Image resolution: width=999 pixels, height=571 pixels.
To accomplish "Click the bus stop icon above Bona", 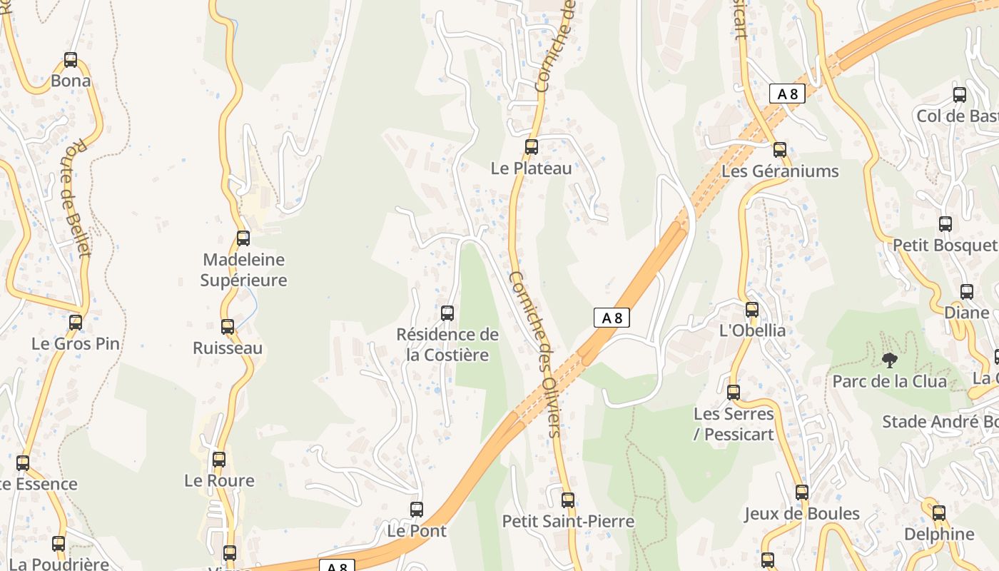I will click(71, 60).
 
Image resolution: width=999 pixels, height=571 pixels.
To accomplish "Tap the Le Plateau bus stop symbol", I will click(532, 147).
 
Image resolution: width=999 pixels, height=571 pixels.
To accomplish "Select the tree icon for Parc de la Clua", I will click(889, 360).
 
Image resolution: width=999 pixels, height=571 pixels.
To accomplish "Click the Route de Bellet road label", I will click(77, 197).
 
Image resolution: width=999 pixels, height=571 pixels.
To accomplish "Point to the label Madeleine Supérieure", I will click(243, 270).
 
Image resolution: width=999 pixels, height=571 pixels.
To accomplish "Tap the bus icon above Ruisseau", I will click(228, 327).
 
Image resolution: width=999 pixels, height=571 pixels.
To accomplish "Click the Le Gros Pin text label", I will click(76, 343).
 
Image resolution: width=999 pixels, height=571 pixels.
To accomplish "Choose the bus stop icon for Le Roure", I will click(219, 460).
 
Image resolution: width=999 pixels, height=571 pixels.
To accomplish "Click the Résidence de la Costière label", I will click(447, 345).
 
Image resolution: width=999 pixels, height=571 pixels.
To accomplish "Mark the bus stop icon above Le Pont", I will click(417, 510).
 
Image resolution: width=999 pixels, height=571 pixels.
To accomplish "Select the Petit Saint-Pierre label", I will click(568, 522).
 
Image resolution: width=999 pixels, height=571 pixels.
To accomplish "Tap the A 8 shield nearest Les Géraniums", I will click(787, 94).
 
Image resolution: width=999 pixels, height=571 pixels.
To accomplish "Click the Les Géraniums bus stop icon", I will click(780, 150).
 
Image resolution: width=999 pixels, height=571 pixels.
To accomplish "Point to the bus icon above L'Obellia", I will click(752, 310).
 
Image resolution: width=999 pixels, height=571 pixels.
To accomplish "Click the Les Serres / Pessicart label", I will click(734, 424).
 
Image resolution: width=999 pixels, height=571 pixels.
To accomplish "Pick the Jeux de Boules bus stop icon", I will click(802, 492).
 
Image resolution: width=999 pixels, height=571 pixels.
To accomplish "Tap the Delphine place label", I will click(939, 534).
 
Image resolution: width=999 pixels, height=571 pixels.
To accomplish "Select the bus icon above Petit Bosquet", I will click(945, 224).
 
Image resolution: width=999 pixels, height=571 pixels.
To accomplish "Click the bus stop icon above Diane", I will click(967, 292).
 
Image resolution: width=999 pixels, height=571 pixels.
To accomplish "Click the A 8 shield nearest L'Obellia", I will click(612, 318).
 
